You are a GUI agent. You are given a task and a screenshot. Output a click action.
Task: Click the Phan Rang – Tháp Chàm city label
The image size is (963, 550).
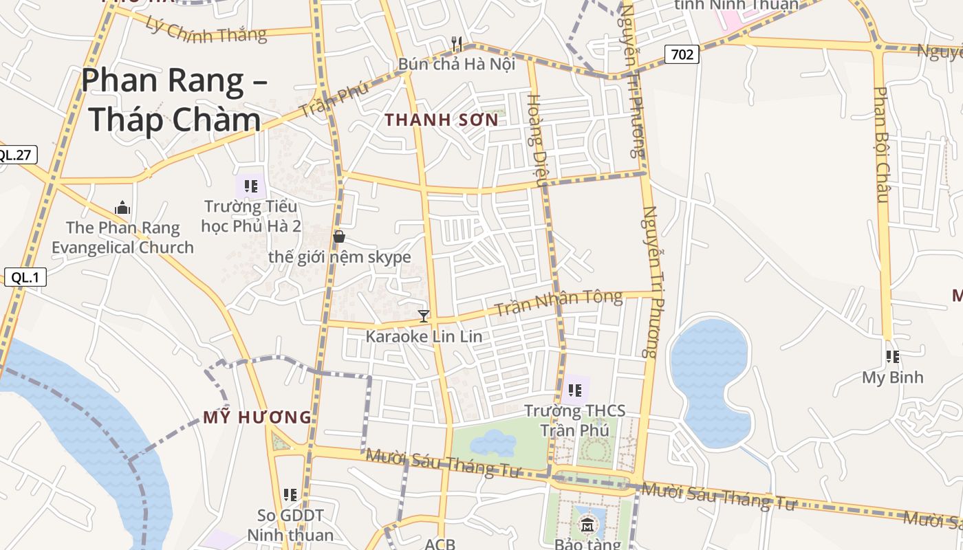pos(173,100)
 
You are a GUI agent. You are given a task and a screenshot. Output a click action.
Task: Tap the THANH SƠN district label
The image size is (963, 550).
pos(441,120)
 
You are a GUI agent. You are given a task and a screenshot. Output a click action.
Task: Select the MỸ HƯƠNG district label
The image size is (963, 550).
pos(257,417)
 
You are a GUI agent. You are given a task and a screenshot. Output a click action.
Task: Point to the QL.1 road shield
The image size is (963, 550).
pos(25,278)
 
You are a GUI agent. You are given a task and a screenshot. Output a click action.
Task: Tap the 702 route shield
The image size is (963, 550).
pos(682,54)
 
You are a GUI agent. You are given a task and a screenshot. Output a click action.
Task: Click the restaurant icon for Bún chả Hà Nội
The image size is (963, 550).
pos(457,44)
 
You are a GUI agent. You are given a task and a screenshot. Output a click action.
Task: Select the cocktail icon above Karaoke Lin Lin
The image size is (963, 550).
pos(424,316)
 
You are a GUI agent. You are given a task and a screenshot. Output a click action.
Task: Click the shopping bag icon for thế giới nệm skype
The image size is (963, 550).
pos(338,237)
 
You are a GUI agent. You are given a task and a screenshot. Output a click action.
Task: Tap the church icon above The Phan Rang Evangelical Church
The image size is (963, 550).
pos(122,208)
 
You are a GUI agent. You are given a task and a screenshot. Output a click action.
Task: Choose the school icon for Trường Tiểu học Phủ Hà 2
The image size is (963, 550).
pos(251,186)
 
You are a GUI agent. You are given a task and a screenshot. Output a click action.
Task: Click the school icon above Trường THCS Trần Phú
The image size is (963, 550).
pos(575,391)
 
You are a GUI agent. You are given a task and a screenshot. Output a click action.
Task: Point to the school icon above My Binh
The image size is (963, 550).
pos(892,357)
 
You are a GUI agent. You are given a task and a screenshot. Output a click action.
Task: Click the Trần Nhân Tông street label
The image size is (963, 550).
pos(559,303)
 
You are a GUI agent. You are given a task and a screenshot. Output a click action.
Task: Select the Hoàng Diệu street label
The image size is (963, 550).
pos(535,140)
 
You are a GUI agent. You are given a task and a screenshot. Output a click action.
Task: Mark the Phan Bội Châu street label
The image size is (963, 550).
pos(882,144)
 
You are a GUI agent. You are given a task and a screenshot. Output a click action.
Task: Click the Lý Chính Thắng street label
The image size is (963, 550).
pos(206,27)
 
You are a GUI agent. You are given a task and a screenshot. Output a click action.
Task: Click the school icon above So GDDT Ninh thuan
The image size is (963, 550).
pos(290,494)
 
